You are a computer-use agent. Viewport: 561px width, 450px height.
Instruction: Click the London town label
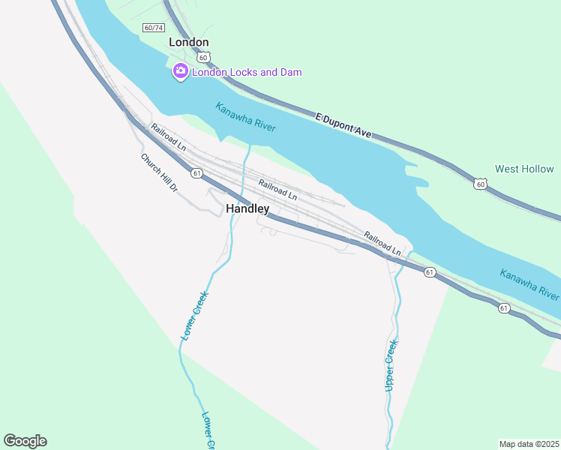click(x=189, y=42)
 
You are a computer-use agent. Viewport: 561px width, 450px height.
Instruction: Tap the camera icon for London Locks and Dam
click(x=180, y=72)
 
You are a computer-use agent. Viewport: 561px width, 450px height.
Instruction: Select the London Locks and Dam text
click(x=247, y=72)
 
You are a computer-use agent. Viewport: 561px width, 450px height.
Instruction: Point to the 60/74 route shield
click(x=153, y=28)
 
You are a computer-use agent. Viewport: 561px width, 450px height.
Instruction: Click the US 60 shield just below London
click(x=203, y=57)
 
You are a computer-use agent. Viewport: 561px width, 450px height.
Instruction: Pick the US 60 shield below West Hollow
click(x=480, y=183)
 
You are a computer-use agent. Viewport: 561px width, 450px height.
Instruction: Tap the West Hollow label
click(x=524, y=169)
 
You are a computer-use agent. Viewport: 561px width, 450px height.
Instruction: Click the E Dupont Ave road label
click(x=343, y=125)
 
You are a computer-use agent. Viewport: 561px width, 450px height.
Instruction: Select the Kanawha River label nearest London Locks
click(x=245, y=117)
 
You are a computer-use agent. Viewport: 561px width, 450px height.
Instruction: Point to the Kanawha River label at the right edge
click(x=529, y=284)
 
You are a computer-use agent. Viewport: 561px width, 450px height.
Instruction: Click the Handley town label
click(x=247, y=209)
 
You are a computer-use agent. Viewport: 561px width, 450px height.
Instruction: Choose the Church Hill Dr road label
click(x=159, y=172)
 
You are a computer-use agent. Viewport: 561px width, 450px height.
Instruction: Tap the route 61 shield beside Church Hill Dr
click(x=196, y=173)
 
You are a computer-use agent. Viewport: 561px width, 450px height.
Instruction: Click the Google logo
click(x=25, y=441)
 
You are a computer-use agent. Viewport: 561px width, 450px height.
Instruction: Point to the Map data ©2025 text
click(x=529, y=444)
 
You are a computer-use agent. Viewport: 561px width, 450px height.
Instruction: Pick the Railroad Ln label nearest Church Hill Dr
click(x=168, y=138)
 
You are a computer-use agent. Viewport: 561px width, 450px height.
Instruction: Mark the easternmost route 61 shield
click(x=503, y=307)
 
